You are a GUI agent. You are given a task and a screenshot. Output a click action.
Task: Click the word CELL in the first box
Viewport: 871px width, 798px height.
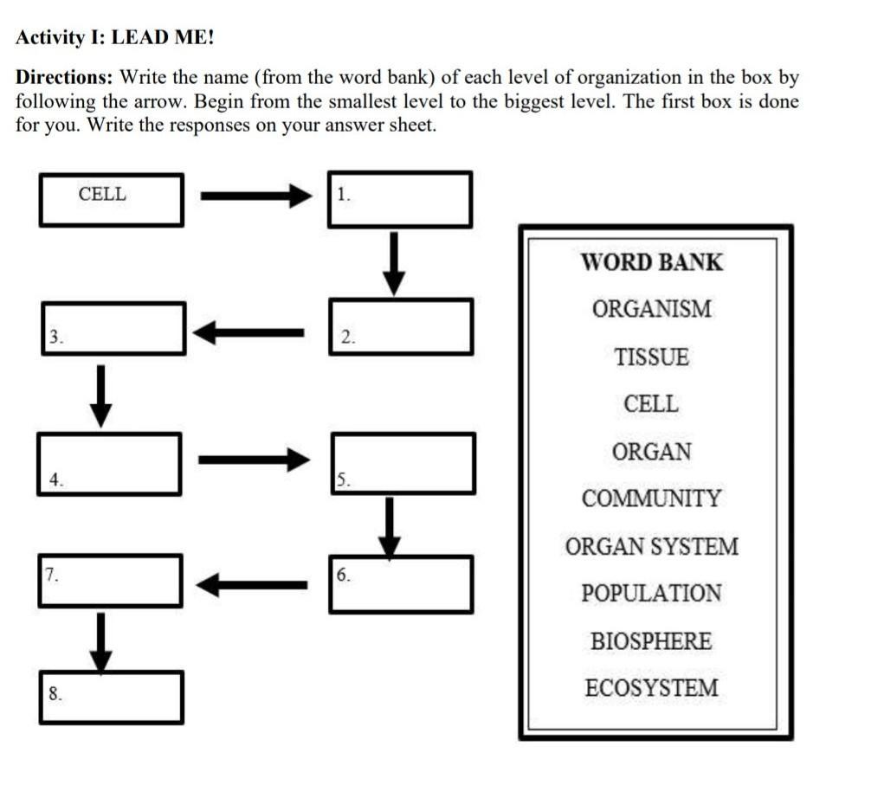coord(102,195)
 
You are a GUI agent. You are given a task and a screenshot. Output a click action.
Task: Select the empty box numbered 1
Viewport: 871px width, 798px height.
coord(400,200)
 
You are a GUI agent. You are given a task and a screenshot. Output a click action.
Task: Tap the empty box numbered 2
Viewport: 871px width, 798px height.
coord(401,326)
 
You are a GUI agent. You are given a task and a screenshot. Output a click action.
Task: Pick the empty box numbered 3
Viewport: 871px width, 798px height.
coord(113,328)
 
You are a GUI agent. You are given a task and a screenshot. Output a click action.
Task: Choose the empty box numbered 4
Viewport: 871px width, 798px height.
coord(110,464)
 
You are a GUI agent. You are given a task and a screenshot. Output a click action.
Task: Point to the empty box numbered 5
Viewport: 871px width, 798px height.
coord(403,463)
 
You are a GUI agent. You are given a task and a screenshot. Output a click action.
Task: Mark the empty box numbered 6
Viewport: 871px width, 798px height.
coord(401,584)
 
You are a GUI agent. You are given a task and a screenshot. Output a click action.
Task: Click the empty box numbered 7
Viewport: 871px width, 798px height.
coord(110,580)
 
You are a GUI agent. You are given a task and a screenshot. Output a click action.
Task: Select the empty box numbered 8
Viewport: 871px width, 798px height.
coord(111,697)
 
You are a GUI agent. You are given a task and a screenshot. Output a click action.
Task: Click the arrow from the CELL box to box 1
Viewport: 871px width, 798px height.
coord(255,196)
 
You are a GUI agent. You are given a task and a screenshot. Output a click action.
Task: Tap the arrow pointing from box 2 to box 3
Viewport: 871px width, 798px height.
coord(248,331)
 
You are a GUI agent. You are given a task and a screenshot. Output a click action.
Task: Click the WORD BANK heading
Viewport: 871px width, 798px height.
coord(651,262)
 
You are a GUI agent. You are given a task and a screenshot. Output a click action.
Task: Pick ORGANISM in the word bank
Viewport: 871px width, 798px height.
coord(651,309)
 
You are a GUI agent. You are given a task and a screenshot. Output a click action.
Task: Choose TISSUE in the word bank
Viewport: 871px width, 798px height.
coord(651,357)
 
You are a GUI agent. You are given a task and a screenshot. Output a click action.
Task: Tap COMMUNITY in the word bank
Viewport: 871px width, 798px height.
coord(651,499)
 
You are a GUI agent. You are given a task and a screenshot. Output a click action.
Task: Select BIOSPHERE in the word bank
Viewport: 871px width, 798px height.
coord(651,641)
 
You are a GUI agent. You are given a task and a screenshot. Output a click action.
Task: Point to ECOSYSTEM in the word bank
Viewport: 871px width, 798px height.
coord(651,689)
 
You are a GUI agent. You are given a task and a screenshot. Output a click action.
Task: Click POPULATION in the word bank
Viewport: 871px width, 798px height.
coord(651,594)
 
